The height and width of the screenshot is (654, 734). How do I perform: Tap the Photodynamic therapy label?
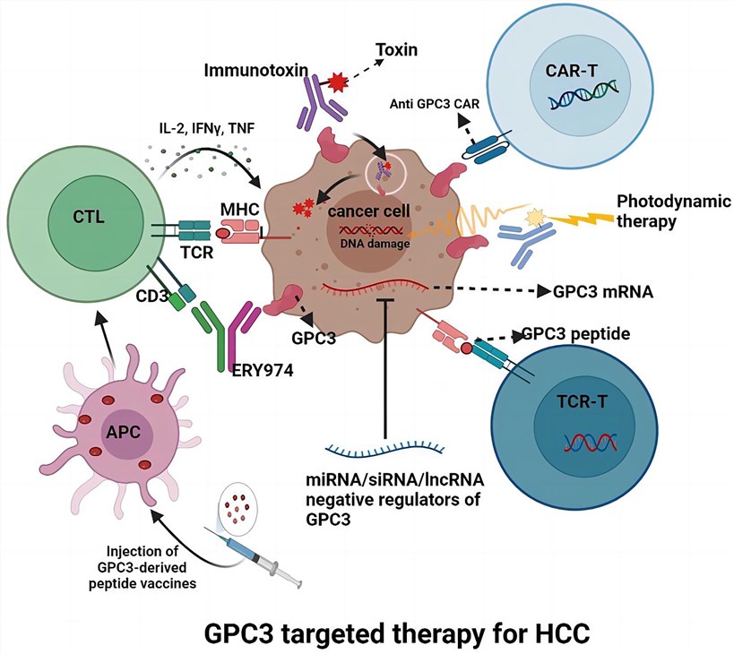pos(664,208)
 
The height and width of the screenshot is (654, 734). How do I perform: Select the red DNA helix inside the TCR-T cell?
pos(583,441)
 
